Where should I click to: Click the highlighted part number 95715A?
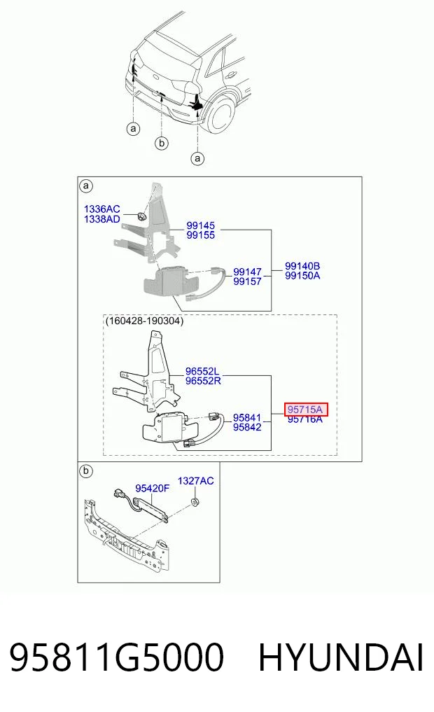[305, 410]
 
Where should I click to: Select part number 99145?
[201, 225]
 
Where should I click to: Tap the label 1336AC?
[101, 209]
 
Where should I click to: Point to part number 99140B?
[302, 266]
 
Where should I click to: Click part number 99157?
[247, 281]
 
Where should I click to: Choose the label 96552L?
[202, 372]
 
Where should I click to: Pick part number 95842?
[247, 427]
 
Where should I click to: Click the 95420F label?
[152, 489]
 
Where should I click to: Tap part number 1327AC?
[195, 481]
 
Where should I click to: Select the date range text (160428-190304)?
[144, 321]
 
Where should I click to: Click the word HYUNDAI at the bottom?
[341, 657]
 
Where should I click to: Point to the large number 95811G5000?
[117, 657]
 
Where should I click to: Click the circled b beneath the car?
[161, 144]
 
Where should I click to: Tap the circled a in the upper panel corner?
[86, 186]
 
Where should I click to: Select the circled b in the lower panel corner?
[86, 471]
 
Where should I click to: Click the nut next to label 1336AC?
[141, 216]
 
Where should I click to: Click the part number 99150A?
[302, 276]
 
